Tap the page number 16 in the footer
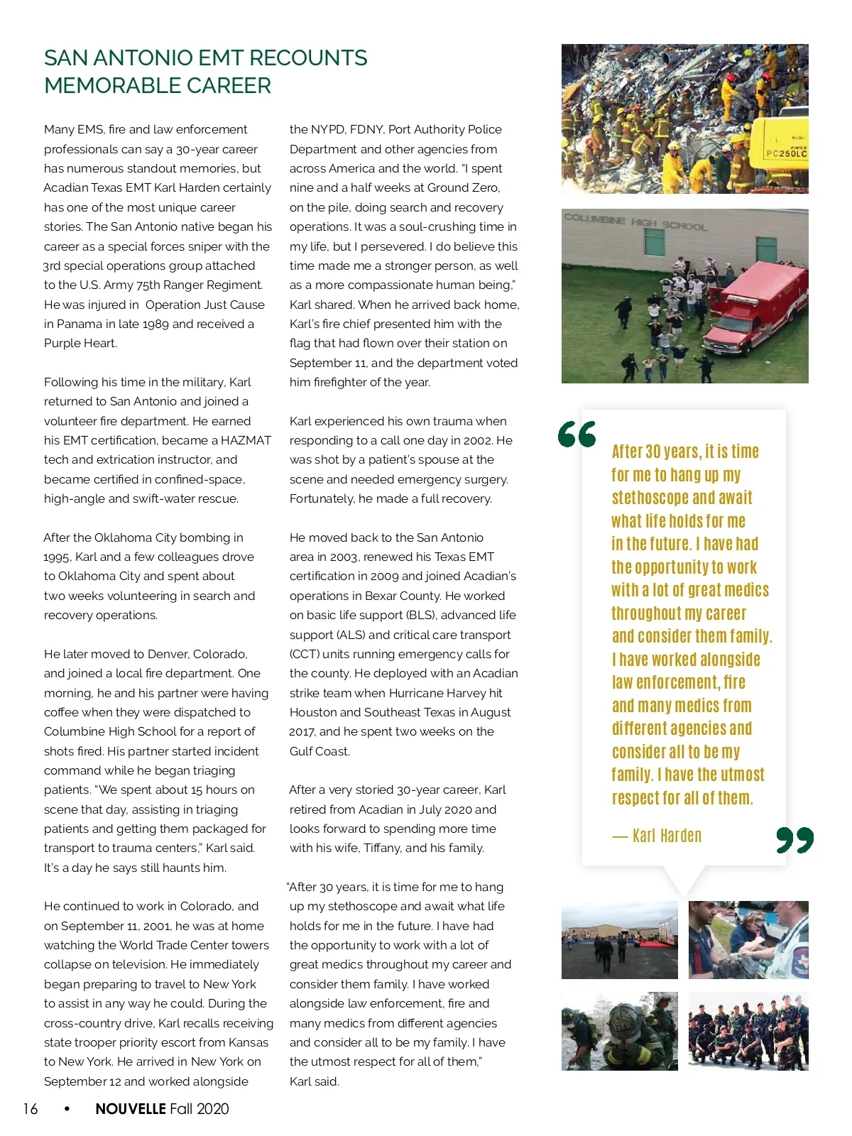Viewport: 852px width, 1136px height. (31, 1109)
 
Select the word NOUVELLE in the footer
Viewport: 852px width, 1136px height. (131, 1109)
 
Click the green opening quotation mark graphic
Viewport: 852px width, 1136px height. (577, 434)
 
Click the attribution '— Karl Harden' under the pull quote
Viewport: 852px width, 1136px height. (657, 836)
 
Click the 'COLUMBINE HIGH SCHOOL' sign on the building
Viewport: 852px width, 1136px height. (635, 222)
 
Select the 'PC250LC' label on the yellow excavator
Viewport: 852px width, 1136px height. (786, 153)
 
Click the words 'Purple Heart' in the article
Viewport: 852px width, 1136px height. (80, 343)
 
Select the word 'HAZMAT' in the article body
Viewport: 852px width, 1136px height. (246, 440)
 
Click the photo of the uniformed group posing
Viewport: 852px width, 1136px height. (748, 1031)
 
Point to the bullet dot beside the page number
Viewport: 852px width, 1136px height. (67, 1108)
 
